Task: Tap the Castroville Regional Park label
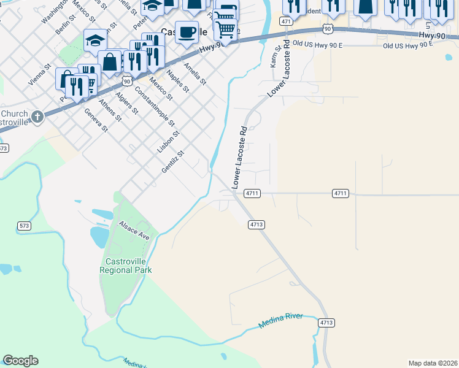pyautogui.click(x=126, y=266)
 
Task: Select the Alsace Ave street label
pyautogui.click(x=134, y=231)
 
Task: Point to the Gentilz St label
pyautogui.click(x=172, y=162)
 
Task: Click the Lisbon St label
pyautogui.click(x=168, y=141)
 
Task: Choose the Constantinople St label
pyautogui.click(x=155, y=104)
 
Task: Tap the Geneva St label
pyautogui.click(x=96, y=121)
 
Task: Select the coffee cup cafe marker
pyautogui.click(x=187, y=31)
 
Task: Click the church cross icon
pyautogui.click(x=37, y=116)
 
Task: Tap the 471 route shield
pyautogui.click(x=286, y=21)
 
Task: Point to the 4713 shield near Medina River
pyautogui.click(x=326, y=322)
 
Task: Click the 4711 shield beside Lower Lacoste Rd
pyautogui.click(x=252, y=193)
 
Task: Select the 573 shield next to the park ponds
pyautogui.click(x=25, y=226)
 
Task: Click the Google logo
pyautogui.click(x=20, y=361)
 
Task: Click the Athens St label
pyautogui.click(x=110, y=109)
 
